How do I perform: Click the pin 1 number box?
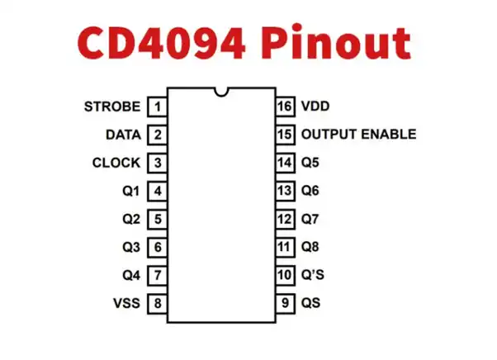(157, 107)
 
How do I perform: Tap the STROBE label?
(112, 107)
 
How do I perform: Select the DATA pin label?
(123, 135)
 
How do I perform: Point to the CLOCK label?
(116, 163)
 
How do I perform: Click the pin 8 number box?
(157, 303)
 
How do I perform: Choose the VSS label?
(126, 303)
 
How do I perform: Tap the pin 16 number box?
(286, 107)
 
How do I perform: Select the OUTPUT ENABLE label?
(358, 134)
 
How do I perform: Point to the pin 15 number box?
(286, 135)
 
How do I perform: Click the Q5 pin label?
(310, 163)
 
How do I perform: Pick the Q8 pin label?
(310, 247)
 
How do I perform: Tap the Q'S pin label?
(313, 275)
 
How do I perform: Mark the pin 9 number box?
(286, 303)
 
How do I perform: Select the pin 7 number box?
(157, 275)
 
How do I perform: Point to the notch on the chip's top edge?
(221, 92)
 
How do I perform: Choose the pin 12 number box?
(286, 219)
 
